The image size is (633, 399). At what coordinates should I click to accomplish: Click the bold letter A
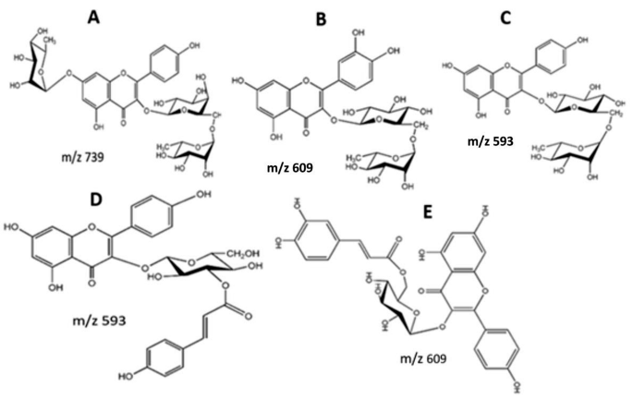coord(119,17)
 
